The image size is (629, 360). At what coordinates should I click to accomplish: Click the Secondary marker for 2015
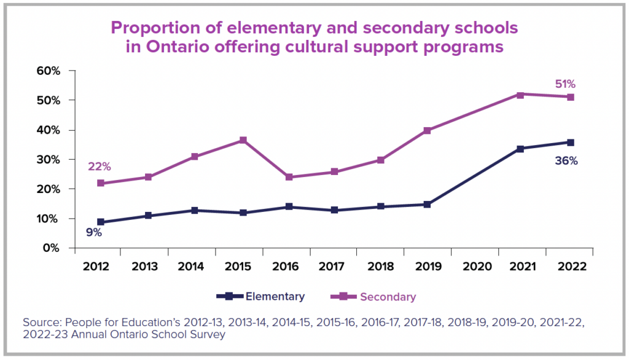pos(243,140)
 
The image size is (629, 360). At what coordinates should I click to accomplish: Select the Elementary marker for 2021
pos(520,149)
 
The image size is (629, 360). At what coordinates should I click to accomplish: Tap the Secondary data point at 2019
pos(427,130)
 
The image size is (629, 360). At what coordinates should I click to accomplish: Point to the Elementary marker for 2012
pos(100,222)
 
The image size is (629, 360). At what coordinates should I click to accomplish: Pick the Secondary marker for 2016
pos(289,177)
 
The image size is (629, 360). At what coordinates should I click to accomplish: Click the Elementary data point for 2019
pos(427,205)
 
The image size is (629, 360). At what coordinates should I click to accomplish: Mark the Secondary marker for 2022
pos(571,97)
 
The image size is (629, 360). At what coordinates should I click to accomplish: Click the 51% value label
pos(565,84)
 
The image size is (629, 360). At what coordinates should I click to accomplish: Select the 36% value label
pos(566,162)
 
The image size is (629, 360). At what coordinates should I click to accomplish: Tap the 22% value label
pos(100,166)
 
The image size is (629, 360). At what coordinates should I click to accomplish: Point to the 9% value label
pos(94,233)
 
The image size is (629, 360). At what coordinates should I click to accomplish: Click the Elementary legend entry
pos(275,297)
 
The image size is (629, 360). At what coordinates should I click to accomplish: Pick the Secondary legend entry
pos(388,297)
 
